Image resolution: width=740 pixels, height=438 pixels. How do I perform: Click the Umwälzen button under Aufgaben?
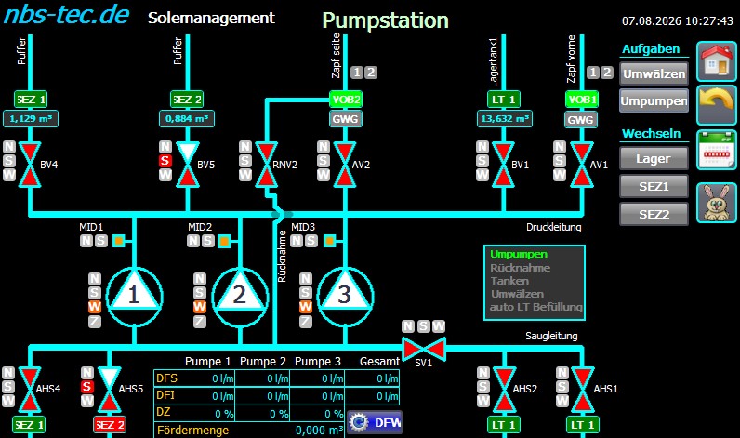pyautogui.click(x=654, y=73)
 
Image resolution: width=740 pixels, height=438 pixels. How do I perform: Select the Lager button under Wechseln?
pyautogui.click(x=654, y=159)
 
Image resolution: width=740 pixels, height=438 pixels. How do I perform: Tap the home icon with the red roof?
pyautogui.click(x=717, y=60)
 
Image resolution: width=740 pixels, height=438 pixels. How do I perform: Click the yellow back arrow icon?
pyautogui.click(x=717, y=105)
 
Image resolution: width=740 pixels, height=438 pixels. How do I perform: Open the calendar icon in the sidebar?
pyautogui.click(x=717, y=150)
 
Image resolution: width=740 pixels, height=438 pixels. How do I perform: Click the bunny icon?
pyautogui.click(x=717, y=203)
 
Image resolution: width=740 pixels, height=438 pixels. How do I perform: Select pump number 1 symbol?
pyautogui.click(x=135, y=297)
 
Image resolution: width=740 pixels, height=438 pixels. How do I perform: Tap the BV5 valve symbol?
pyautogui.click(x=188, y=165)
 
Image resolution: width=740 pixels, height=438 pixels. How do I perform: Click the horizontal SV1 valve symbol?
pyautogui.click(x=423, y=350)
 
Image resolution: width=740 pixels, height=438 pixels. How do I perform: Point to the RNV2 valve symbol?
pyautogui.click(x=266, y=165)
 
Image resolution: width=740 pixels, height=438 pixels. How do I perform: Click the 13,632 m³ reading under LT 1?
pyautogui.click(x=505, y=118)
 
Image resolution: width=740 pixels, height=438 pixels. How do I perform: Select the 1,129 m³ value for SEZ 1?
pyautogui.click(x=31, y=118)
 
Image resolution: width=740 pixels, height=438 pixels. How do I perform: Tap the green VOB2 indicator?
pyautogui.click(x=346, y=100)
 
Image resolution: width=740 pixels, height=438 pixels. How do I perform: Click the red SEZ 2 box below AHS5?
pyautogui.click(x=110, y=425)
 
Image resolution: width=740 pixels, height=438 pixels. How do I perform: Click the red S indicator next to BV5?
pyautogui.click(x=165, y=161)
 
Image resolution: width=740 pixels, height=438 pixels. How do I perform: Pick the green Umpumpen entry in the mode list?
pyautogui.click(x=519, y=254)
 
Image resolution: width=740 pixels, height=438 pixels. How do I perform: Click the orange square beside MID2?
pyautogui.click(x=224, y=241)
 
